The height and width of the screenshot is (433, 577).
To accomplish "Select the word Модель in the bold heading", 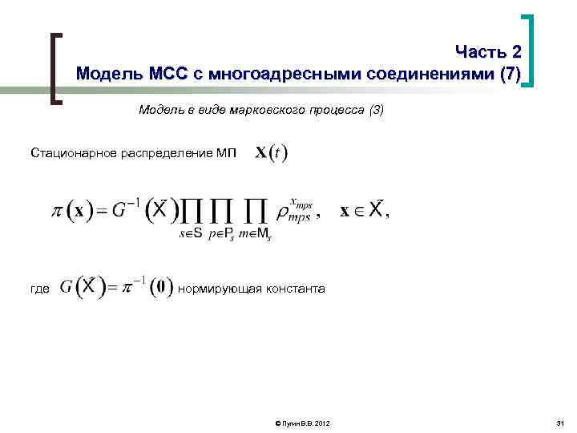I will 110,75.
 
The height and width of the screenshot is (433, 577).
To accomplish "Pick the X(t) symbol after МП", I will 272,152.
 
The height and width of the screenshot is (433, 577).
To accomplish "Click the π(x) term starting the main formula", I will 69,211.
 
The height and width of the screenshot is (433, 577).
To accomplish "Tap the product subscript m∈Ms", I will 256,235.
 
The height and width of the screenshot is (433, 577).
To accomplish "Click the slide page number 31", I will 559,423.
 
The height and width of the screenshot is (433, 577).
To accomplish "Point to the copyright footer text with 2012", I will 301,423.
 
